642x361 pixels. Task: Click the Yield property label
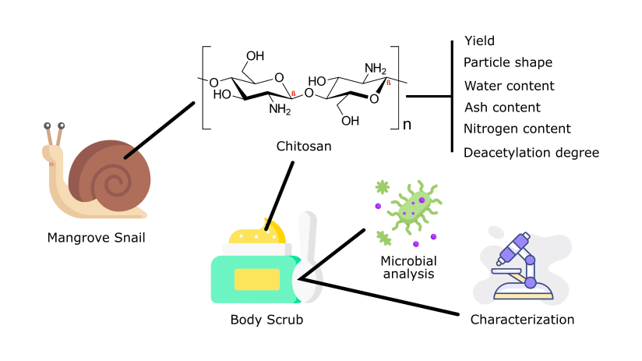click(479, 41)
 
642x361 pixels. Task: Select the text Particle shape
click(508, 62)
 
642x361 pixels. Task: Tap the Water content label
click(509, 85)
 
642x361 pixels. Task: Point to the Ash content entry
click(502, 107)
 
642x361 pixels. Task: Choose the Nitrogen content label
click(517, 129)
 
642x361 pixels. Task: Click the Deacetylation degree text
click(531, 152)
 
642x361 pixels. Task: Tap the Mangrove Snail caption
click(96, 238)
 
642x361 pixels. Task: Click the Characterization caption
click(522, 320)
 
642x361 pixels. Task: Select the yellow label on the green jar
click(256, 278)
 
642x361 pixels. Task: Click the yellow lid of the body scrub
click(257, 232)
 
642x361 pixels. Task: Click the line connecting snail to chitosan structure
click(159, 129)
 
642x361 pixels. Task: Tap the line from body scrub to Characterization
click(382, 296)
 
